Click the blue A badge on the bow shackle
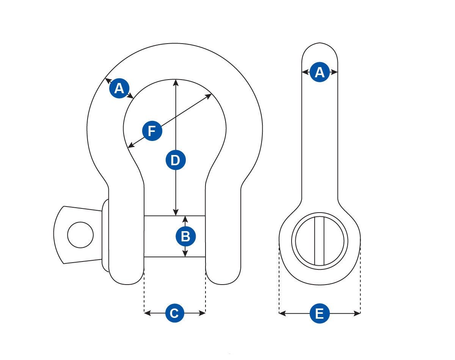(x=119, y=89)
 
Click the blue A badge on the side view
(x=320, y=72)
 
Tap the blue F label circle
(x=152, y=131)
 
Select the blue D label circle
(x=176, y=160)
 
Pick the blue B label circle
(x=185, y=236)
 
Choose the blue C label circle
(x=174, y=313)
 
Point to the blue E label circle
(x=320, y=313)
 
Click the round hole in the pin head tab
(x=80, y=235)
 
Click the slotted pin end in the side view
(x=320, y=241)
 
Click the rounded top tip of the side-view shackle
(x=320, y=45)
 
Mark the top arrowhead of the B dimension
(x=185, y=218)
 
